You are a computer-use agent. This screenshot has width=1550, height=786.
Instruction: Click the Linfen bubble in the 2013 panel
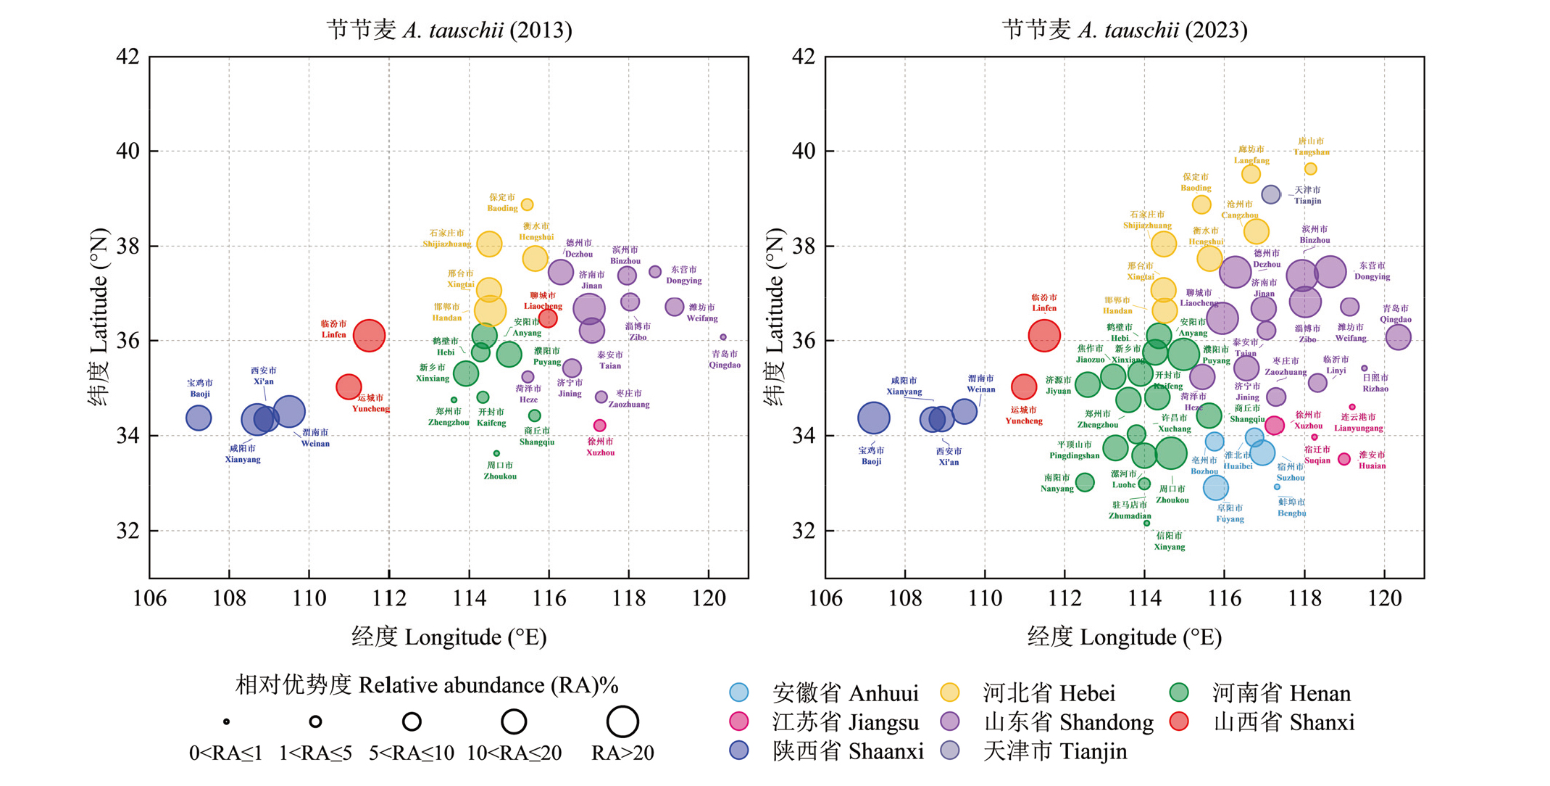(369, 336)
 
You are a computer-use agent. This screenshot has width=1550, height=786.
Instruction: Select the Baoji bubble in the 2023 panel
(873, 418)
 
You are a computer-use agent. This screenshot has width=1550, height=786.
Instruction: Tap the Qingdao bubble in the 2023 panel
(1398, 337)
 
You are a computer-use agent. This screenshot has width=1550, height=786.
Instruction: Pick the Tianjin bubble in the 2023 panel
(1270, 194)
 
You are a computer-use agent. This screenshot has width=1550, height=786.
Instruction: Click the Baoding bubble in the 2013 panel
(528, 204)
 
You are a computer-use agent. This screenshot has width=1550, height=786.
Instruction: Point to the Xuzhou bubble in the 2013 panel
(599, 426)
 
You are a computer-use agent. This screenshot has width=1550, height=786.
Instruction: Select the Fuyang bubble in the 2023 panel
(1215, 487)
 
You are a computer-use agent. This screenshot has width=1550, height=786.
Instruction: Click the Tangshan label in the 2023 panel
(1311, 146)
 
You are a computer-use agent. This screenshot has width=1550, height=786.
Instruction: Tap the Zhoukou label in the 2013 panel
(500, 471)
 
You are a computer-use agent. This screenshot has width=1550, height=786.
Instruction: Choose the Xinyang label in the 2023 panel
(1169, 541)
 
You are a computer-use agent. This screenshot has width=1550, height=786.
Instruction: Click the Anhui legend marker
(738, 692)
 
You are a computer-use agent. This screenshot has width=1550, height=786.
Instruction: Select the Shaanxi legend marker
(738, 750)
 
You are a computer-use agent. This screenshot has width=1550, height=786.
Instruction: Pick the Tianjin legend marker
(949, 750)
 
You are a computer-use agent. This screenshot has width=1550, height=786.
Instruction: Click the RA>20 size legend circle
(622, 721)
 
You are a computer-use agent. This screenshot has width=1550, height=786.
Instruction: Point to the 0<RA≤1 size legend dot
(226, 721)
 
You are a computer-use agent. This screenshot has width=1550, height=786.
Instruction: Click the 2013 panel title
(449, 30)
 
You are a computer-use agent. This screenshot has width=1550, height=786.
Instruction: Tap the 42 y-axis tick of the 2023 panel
(802, 57)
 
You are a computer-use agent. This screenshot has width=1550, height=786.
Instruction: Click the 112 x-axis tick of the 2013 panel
(389, 599)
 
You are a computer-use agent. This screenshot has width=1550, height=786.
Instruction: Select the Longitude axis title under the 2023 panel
(1125, 637)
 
